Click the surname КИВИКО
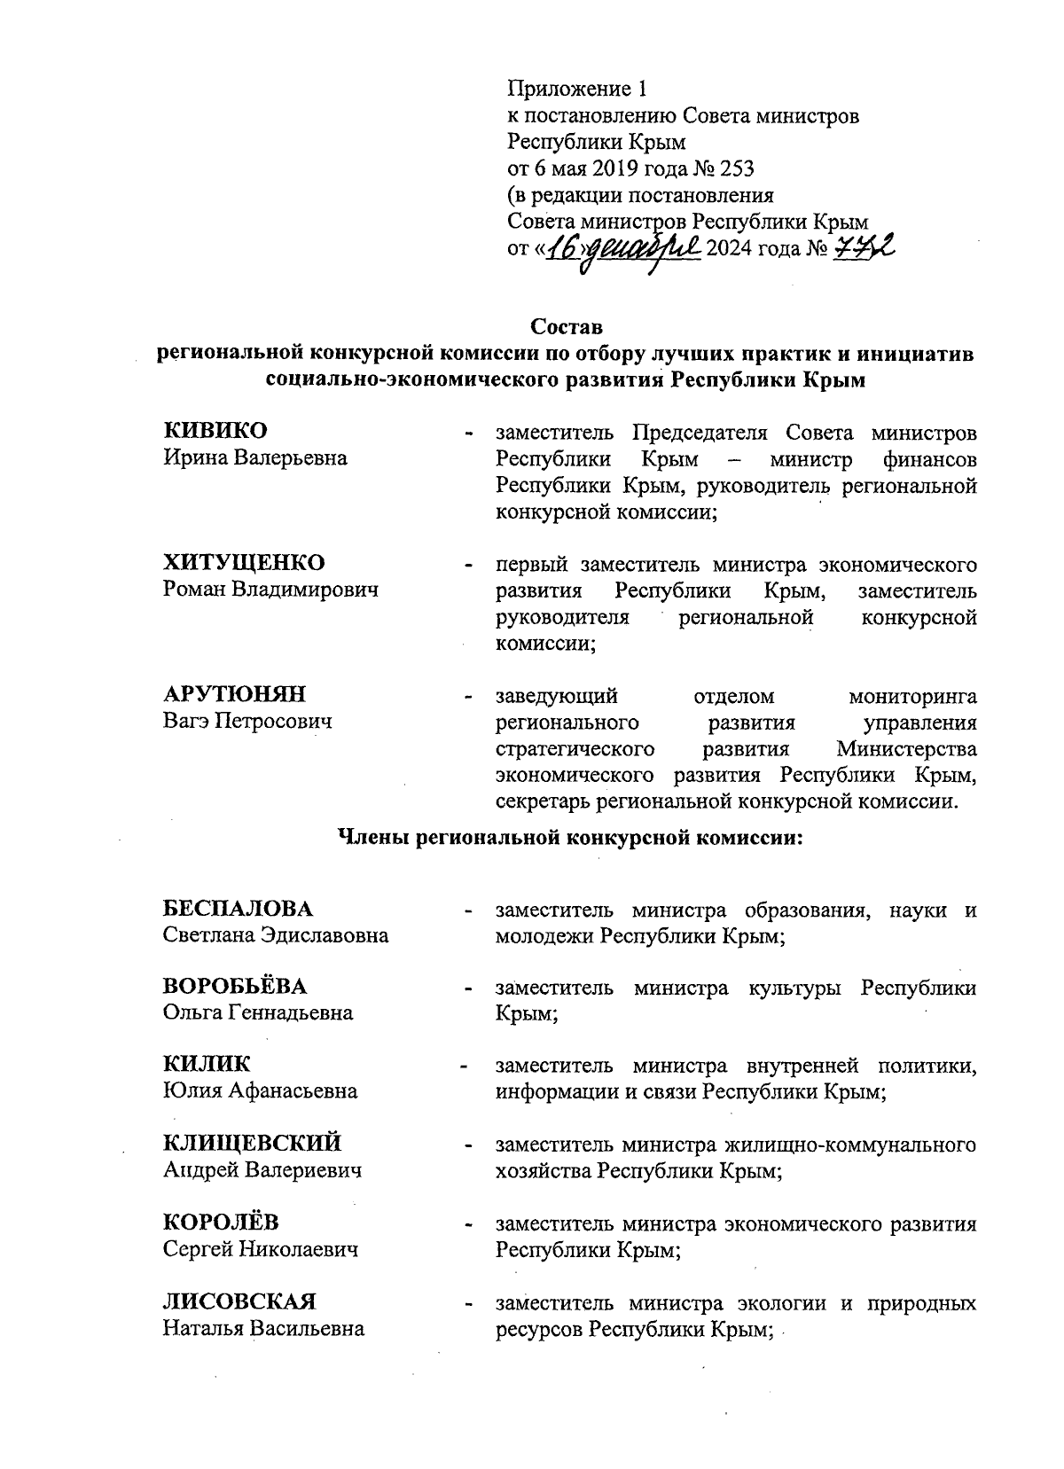215,432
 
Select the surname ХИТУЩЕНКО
244,563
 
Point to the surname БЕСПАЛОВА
239,909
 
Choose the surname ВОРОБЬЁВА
236,987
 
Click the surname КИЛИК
207,1065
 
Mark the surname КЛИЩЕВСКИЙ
253,1144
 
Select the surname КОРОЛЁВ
221,1223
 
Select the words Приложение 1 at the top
578,89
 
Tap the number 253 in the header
731,168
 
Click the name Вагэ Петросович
247,721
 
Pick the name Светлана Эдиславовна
276,935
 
